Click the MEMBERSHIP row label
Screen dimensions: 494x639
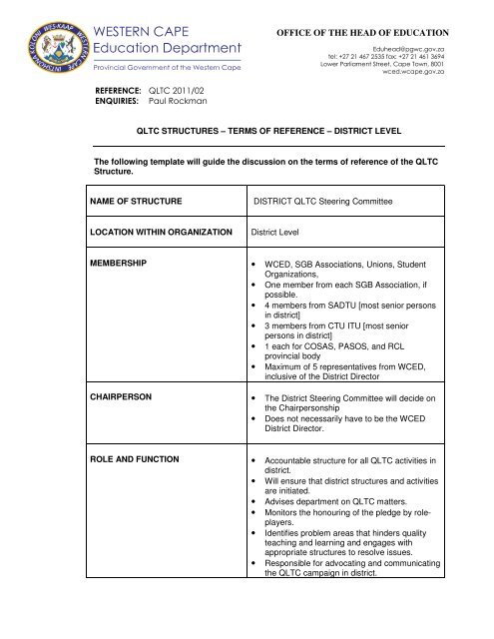(120, 264)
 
